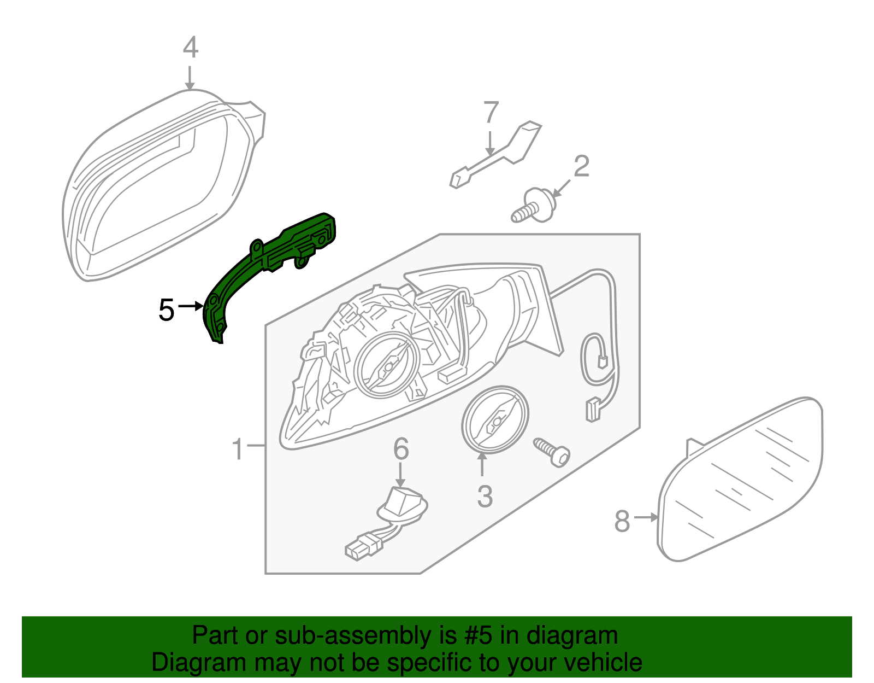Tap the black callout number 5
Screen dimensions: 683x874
pos(166,310)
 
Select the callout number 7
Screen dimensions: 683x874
pos(491,113)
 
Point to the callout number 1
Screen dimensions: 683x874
pos(237,449)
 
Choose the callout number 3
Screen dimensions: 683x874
pos(485,497)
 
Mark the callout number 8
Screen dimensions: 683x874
pos(622,521)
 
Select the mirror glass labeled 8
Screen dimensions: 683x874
pos(743,481)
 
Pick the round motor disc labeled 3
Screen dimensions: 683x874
pos(495,419)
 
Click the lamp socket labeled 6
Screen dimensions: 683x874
pos(401,506)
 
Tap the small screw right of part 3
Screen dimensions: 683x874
pos(552,452)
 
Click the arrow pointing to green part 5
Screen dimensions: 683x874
pos(191,306)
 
